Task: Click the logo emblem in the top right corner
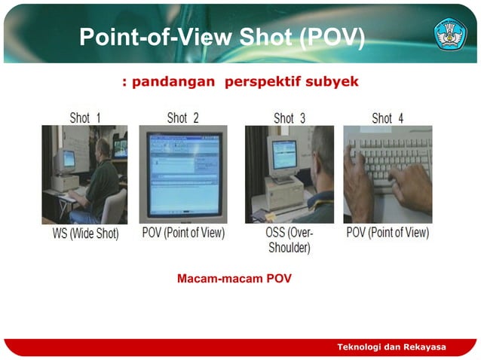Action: point(450,34)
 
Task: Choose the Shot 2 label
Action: point(182,117)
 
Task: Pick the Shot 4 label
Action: point(388,117)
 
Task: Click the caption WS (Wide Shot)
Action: point(85,233)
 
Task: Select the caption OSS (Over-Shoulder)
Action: point(290,240)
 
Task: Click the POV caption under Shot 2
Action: point(183,233)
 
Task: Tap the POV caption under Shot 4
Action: point(388,233)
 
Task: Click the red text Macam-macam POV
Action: point(234,279)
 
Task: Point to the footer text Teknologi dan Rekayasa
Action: point(391,346)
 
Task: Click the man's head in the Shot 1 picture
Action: point(103,147)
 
